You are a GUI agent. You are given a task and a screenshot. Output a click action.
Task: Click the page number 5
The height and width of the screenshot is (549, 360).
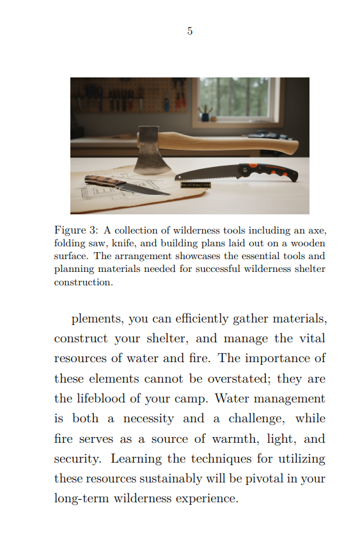pos(190,31)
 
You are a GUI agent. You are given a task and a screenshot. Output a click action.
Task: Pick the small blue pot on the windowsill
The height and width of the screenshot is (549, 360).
pos(205,116)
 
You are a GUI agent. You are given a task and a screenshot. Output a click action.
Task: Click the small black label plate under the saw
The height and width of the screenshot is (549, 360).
pos(196,185)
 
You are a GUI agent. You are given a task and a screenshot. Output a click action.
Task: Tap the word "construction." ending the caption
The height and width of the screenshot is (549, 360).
pos(83,282)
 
